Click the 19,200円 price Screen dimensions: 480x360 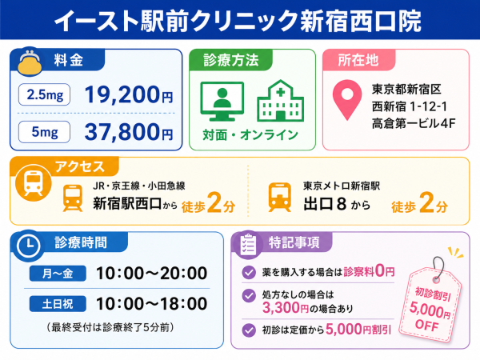pos(129,94)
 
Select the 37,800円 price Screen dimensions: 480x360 pos(129,132)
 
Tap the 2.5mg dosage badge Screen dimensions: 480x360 pos(44,94)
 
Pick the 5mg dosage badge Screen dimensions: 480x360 pos(44,132)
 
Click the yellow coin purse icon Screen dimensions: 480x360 pos(30,62)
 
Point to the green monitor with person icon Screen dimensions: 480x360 pos(222,102)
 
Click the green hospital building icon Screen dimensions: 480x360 pos(281,101)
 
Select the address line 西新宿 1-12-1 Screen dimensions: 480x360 pos(410,107)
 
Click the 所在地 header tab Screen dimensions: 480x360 pos(358,60)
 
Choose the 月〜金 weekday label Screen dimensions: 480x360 pos(58,273)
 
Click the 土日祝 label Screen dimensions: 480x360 pos(58,304)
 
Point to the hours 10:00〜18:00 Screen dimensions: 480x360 pos(152,304)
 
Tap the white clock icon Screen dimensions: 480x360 pos(29,246)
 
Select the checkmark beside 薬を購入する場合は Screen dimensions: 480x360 pos(249,272)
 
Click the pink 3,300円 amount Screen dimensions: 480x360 pos(285,307)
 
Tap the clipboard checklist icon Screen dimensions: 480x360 pos(248,246)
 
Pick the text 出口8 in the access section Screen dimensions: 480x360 pos(325,204)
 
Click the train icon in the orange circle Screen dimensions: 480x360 pos(34,182)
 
